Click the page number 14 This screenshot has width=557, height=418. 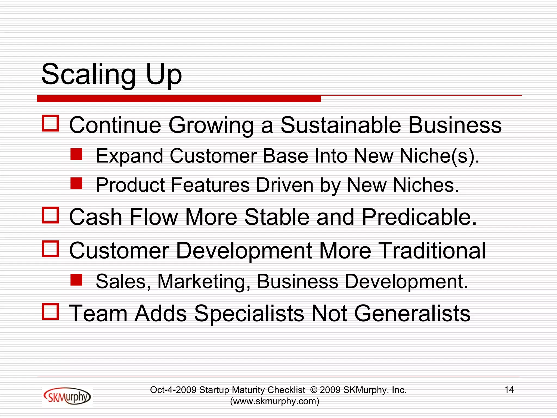pos(509,390)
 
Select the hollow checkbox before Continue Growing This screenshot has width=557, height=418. pos(50,123)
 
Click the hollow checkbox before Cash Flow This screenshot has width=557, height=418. pos(50,215)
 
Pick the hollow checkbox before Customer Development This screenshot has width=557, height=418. pos(50,249)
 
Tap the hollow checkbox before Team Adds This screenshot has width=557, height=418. pos(50,311)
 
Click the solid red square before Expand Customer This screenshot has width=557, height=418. pos(76,154)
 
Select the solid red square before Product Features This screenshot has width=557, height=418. pos(76,183)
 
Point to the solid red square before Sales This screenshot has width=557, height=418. pos(76,280)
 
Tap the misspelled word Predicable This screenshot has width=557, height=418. pos(419,217)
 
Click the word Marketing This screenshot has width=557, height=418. pos(204,282)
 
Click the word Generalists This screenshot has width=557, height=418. pos(412,313)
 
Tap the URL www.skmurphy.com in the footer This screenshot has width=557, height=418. pos(274,401)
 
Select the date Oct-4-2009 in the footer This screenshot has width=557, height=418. pos(173,390)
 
